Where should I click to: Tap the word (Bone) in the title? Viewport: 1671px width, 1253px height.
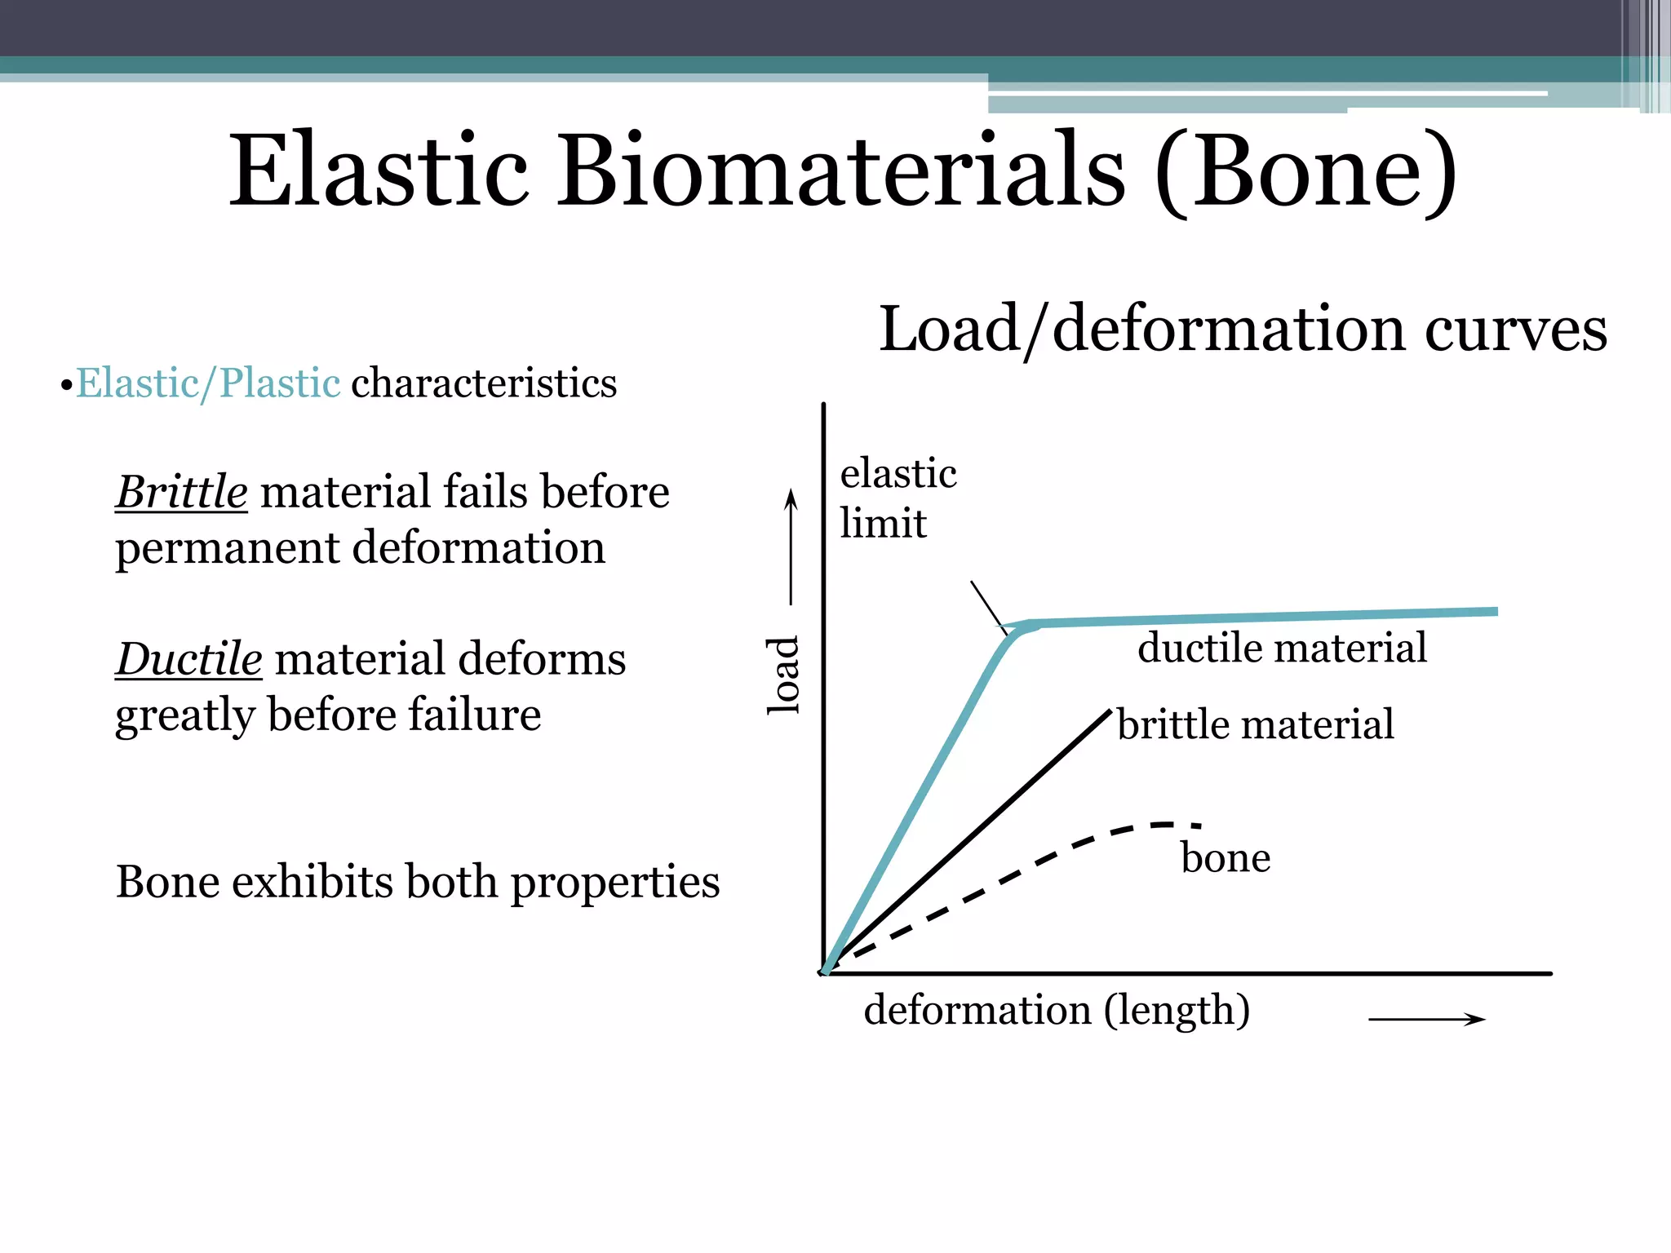tap(1305, 173)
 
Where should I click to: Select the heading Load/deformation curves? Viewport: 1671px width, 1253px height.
tap(1243, 329)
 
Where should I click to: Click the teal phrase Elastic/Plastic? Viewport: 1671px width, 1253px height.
tap(208, 383)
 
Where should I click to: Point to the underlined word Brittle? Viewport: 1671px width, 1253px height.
tap(181, 492)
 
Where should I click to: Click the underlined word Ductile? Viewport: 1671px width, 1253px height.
tap(188, 659)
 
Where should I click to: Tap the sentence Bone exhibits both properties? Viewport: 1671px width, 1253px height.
tap(418, 882)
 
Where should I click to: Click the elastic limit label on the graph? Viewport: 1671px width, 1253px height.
tap(898, 498)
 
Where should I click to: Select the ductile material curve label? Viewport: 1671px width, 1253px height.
tap(1282, 648)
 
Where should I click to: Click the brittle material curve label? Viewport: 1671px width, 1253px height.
tap(1255, 724)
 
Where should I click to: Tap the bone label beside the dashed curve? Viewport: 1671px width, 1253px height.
tap(1226, 858)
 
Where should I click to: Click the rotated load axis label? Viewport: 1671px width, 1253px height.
tap(784, 675)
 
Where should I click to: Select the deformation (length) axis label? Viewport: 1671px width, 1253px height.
tap(1057, 1010)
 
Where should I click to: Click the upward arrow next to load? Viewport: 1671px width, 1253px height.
tap(790, 547)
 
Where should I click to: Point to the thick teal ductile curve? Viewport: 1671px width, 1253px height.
tap(1265, 618)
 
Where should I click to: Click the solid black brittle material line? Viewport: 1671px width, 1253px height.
tap(979, 832)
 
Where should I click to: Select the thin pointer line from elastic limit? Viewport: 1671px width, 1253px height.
tap(987, 606)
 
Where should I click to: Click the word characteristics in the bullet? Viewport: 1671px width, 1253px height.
tap(484, 383)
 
